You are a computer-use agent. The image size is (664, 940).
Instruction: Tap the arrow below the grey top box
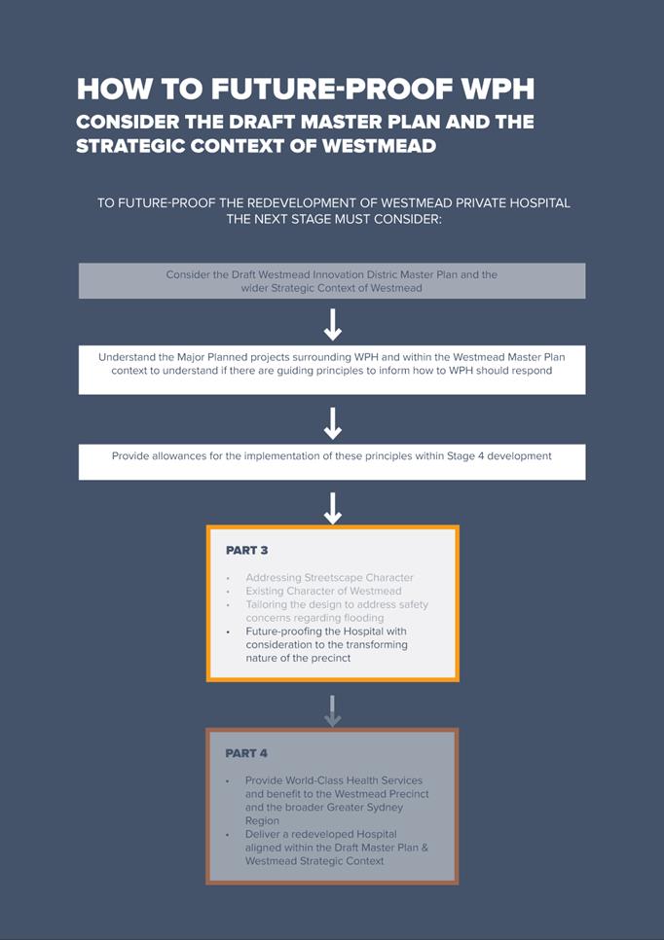click(332, 323)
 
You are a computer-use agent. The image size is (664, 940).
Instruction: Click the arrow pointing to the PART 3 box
click(332, 507)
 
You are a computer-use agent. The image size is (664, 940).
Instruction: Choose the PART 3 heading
click(246, 551)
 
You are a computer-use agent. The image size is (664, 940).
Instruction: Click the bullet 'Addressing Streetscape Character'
click(329, 577)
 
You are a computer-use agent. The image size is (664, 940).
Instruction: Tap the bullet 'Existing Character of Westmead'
click(323, 591)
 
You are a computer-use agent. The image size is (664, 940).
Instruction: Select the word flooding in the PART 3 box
click(362, 618)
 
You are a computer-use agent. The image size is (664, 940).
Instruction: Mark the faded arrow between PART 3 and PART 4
click(332, 710)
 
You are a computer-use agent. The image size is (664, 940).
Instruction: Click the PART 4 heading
click(246, 753)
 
